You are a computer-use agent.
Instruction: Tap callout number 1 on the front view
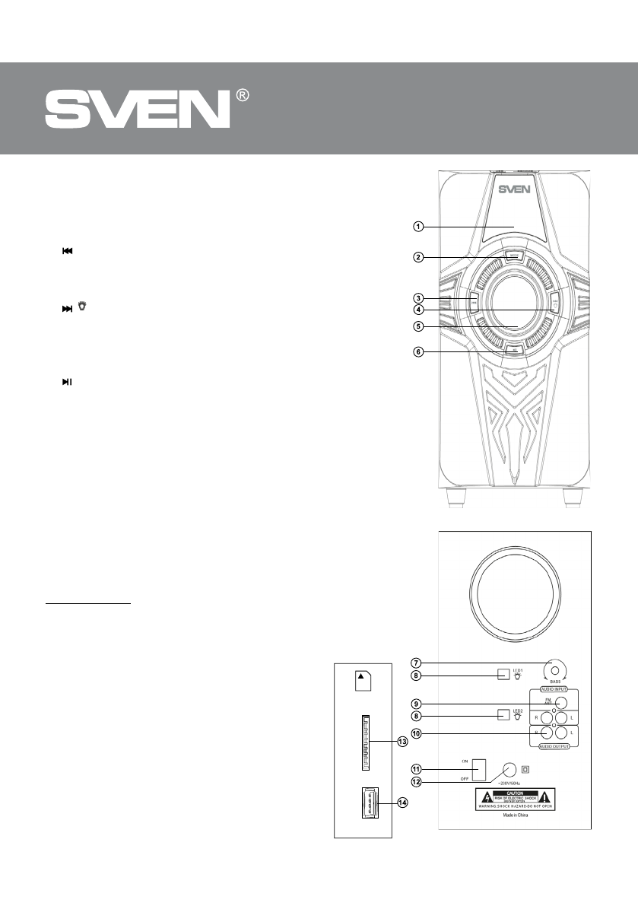(418, 226)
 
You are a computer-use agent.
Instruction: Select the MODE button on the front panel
(514, 256)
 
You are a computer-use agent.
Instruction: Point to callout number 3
(418, 297)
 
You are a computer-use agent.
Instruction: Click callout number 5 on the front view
(418, 327)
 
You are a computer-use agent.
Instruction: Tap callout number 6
(418, 352)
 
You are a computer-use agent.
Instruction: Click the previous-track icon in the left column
(67, 251)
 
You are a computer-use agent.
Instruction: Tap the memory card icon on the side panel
(363, 680)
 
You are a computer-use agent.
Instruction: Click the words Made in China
(521, 813)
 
